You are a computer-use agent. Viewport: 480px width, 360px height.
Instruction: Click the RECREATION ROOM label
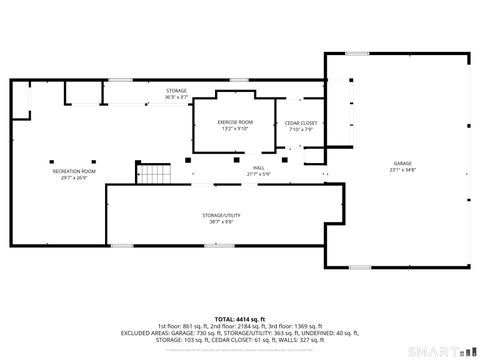pyautogui.click(x=74, y=171)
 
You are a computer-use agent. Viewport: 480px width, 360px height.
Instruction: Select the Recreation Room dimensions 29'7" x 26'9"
pyautogui.click(x=74, y=177)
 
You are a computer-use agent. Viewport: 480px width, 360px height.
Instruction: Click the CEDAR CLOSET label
pyautogui.click(x=301, y=123)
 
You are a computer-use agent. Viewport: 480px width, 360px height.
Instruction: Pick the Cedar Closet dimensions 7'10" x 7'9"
pyautogui.click(x=301, y=129)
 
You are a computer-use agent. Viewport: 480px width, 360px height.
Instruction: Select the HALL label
pyautogui.click(x=258, y=167)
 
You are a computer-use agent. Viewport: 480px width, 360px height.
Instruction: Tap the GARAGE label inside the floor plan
pyautogui.click(x=402, y=163)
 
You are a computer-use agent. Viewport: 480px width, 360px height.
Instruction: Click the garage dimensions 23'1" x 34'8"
pyautogui.click(x=402, y=169)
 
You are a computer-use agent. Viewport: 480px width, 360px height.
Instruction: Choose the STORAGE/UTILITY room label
pyautogui.click(x=222, y=215)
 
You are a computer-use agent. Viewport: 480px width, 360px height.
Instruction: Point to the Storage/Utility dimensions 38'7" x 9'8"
pyautogui.click(x=222, y=221)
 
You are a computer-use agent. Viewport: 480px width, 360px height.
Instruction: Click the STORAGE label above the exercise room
pyautogui.click(x=176, y=91)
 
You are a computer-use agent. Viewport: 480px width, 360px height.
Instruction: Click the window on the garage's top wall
pyautogui.click(x=357, y=53)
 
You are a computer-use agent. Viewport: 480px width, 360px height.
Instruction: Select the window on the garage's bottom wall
pyautogui.click(x=357, y=267)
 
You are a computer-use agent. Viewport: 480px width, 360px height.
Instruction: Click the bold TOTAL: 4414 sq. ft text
pyautogui.click(x=239, y=319)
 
